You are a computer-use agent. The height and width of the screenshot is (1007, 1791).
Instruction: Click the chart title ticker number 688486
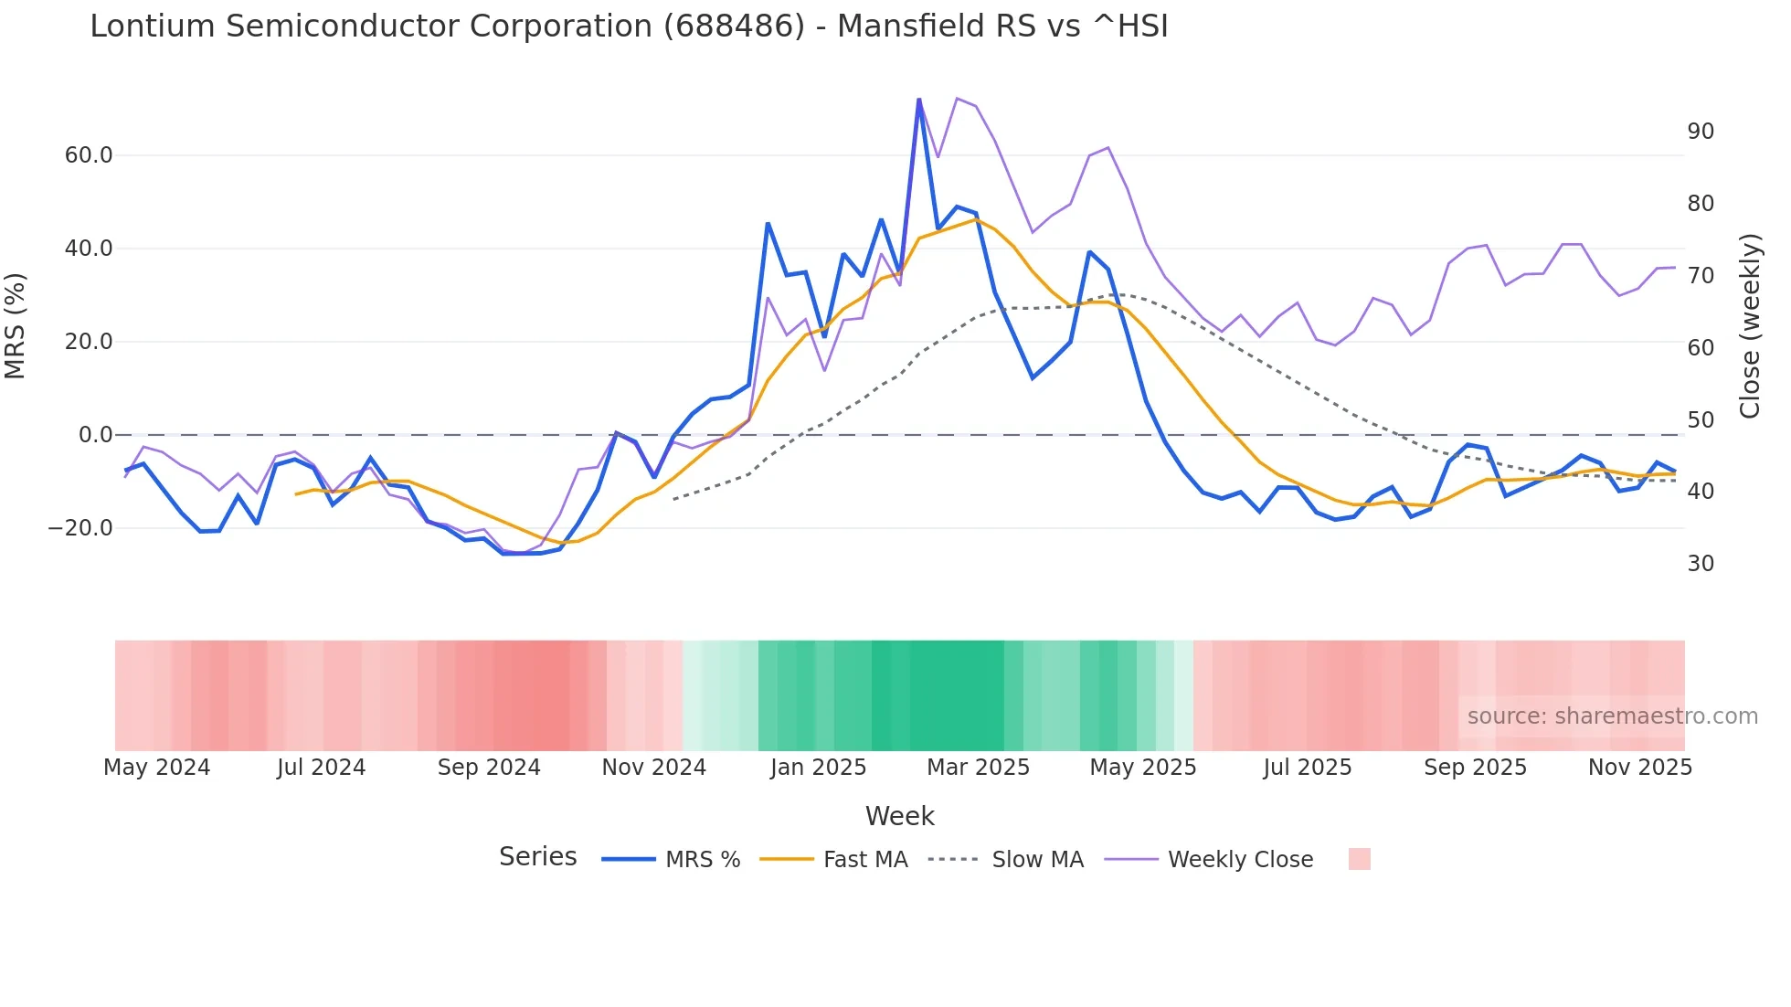[735, 26]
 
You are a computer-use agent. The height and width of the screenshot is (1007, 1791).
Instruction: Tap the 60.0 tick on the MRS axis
[89, 155]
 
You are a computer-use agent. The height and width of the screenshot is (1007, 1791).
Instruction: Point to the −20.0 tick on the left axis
[81, 528]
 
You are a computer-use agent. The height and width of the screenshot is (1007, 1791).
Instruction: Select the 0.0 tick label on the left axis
[95, 435]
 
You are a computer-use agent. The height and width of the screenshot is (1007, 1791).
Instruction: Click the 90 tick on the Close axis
[1701, 132]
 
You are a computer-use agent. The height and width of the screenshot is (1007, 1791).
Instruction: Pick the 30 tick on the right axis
[1701, 564]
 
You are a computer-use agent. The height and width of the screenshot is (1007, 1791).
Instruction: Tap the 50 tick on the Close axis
[1701, 420]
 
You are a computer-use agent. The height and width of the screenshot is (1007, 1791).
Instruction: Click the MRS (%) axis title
[16, 326]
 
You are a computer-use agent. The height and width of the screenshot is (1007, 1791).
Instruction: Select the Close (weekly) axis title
[1750, 326]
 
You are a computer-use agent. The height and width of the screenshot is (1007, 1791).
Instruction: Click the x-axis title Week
[899, 816]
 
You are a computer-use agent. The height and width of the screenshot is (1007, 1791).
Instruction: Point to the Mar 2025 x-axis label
[978, 768]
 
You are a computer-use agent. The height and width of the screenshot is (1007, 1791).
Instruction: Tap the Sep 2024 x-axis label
[489, 768]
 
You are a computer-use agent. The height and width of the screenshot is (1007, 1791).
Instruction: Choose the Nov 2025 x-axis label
[1639, 768]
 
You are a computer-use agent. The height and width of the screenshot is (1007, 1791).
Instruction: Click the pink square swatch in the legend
[1359, 859]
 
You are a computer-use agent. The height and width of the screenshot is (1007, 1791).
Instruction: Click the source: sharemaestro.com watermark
[1612, 716]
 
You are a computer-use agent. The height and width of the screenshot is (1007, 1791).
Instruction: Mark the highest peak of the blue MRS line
[918, 100]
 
